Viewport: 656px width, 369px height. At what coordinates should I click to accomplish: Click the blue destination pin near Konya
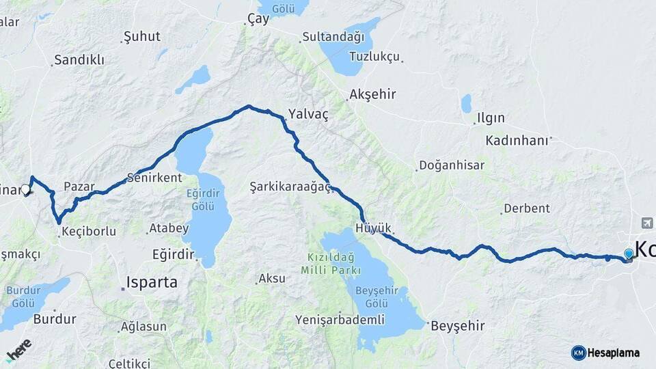(628, 254)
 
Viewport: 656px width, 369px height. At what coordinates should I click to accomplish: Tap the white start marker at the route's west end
(25, 190)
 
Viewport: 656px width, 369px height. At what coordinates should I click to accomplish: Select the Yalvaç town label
(308, 115)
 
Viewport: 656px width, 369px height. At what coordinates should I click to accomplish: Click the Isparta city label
(152, 282)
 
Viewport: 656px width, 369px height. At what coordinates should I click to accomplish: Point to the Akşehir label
(372, 94)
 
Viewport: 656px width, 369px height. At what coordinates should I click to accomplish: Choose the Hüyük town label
(373, 228)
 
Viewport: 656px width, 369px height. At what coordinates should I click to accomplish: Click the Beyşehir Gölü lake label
(379, 290)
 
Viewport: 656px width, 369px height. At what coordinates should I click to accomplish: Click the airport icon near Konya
(647, 223)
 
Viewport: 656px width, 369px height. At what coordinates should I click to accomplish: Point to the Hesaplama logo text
(614, 353)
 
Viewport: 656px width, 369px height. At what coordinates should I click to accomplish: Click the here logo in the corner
(18, 350)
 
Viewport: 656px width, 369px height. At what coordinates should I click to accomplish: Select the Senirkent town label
(154, 178)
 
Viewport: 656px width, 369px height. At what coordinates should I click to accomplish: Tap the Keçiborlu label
(88, 231)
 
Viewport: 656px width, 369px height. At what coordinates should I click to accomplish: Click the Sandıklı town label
(79, 60)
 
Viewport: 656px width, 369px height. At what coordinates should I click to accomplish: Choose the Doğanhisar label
(451, 165)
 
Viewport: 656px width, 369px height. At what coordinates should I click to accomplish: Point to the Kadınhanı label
(517, 141)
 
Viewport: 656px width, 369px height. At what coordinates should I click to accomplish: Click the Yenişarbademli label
(340, 320)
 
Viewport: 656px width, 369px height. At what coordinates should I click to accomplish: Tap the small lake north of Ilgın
(466, 104)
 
